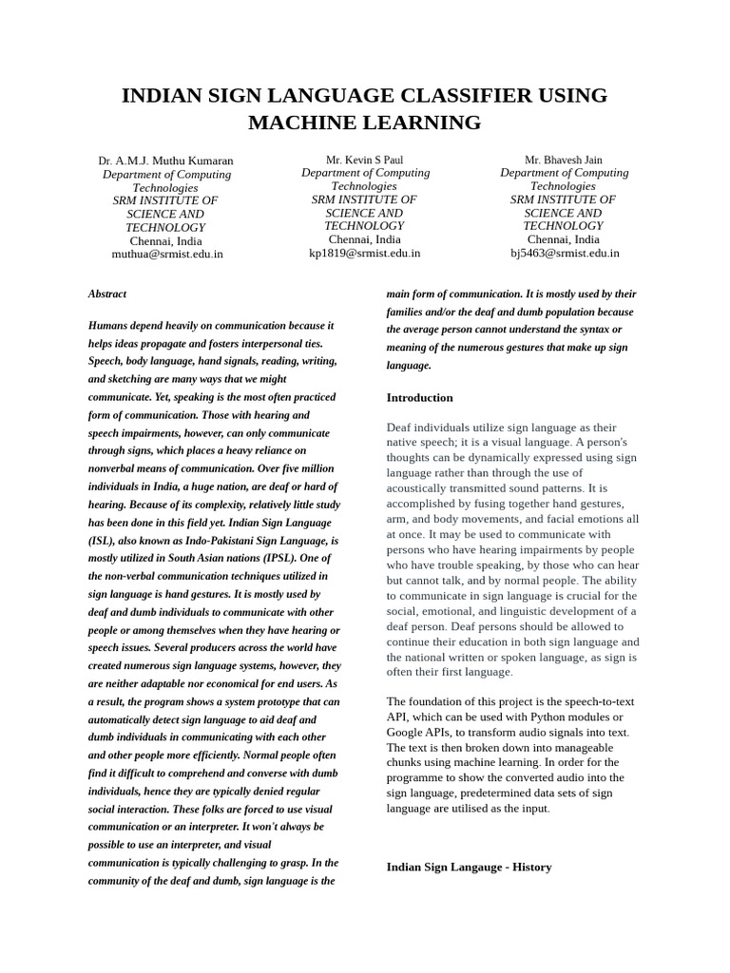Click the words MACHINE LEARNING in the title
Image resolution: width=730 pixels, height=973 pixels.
click(364, 123)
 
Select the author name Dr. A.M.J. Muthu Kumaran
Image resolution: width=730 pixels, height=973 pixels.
click(165, 161)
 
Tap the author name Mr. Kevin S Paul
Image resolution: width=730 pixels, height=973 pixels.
click(364, 160)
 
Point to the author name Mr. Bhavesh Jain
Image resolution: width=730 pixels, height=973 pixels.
click(563, 160)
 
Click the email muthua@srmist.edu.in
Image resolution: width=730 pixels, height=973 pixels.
click(167, 254)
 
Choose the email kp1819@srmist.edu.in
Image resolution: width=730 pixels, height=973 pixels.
click(364, 253)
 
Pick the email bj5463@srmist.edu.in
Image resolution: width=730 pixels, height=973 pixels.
click(564, 253)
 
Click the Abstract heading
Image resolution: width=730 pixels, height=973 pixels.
click(107, 295)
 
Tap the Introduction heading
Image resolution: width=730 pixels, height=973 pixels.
click(419, 397)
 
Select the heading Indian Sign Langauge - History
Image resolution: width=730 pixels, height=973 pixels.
click(469, 867)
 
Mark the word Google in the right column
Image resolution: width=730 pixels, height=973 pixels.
click(405, 732)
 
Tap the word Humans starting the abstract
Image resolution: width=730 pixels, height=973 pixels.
click(108, 326)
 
